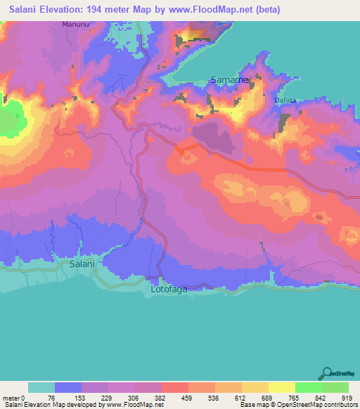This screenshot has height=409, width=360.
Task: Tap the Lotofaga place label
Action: tap(169, 289)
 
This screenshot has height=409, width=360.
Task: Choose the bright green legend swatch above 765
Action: tap(308, 387)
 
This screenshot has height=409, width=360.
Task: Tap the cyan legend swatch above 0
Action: tap(41, 387)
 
